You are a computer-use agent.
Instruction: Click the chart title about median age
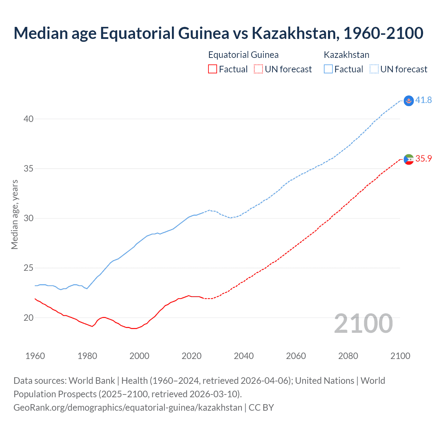[x=218, y=33]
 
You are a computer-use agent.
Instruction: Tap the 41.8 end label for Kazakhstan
[x=423, y=100]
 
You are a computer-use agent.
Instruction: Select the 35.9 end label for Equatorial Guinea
[x=423, y=159]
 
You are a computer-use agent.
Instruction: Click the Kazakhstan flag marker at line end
[x=409, y=101]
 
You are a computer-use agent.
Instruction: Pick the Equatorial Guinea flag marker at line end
[x=409, y=159]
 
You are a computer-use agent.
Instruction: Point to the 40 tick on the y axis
[x=29, y=119]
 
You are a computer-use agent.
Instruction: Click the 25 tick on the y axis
[x=29, y=268]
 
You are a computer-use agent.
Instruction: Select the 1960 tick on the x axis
[x=35, y=356]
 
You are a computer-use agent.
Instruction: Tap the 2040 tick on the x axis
[x=244, y=356]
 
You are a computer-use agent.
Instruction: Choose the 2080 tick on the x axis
[x=348, y=356]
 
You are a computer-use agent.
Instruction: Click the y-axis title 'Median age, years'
[x=14, y=214]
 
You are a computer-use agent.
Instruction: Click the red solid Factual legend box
[x=213, y=69]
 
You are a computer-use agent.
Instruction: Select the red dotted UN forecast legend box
[x=258, y=69]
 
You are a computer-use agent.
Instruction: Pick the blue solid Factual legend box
[x=328, y=69]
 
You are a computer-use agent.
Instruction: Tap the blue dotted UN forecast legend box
[x=374, y=69]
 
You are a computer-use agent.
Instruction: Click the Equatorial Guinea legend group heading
[x=243, y=55]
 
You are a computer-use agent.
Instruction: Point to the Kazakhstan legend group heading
[x=346, y=55]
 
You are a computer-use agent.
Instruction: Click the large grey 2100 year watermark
[x=363, y=323]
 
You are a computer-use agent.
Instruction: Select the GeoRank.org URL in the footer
[x=128, y=408]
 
